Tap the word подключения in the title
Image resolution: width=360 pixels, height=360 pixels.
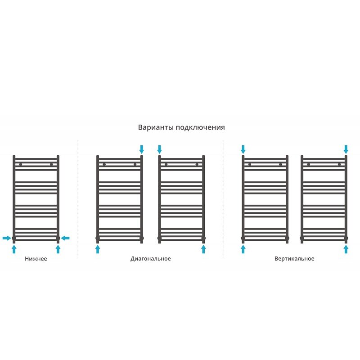tap(200, 128)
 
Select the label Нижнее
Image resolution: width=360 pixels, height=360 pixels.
tap(36, 259)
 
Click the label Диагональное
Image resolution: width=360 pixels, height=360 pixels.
tap(151, 259)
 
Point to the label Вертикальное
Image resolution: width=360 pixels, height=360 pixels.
tap(294, 259)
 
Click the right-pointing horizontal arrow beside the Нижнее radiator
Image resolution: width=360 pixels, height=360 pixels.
tap(7, 238)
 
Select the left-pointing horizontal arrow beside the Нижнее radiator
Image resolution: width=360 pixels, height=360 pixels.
tap(65, 238)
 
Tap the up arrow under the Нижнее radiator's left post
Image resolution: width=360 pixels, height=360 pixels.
tap(14, 249)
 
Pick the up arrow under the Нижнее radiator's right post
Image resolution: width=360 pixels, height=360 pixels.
tap(58, 249)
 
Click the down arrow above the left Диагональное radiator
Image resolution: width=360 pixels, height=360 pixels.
tap(142, 149)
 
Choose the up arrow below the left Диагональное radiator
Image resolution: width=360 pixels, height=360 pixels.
tap(98, 249)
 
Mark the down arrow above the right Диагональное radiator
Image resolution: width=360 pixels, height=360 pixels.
tap(160, 149)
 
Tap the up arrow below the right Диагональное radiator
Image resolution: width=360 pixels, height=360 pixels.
tap(203, 249)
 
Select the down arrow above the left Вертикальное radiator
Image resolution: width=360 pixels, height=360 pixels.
tap(243, 149)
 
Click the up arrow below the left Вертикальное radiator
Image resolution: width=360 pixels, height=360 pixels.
tap(243, 249)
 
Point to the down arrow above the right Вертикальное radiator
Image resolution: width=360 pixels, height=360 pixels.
tap(346, 149)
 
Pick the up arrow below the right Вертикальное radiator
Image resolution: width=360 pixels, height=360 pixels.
tap(346, 249)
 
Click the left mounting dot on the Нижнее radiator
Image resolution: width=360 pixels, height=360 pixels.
tap(21, 164)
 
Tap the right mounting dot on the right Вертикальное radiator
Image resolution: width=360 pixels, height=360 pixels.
tap(339, 164)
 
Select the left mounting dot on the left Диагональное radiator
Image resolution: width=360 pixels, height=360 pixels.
tap(104, 164)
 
